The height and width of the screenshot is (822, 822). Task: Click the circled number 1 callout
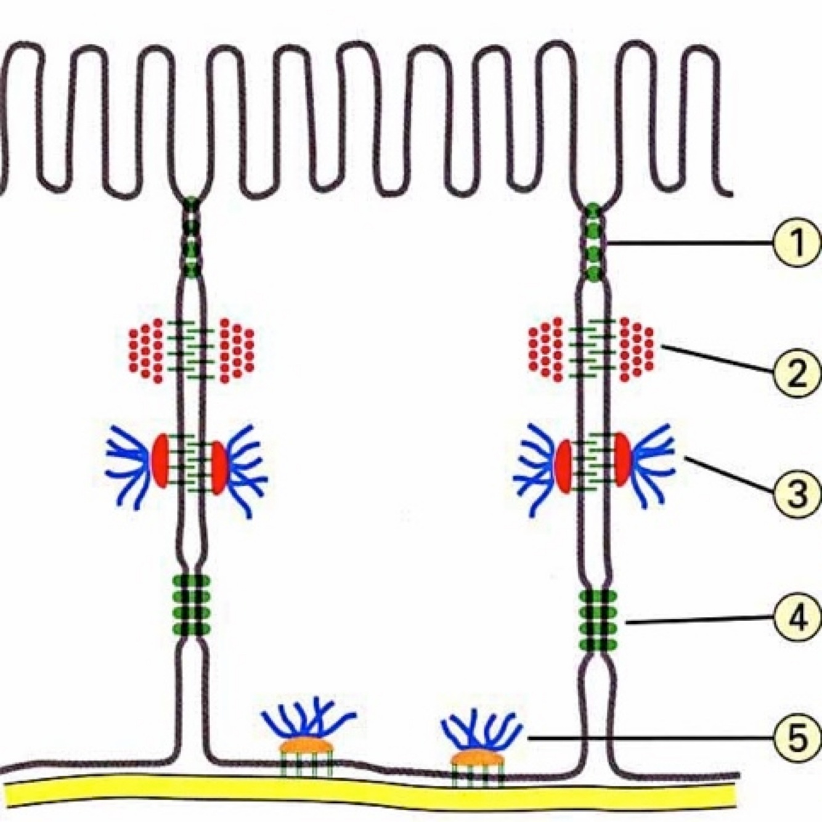(x=797, y=242)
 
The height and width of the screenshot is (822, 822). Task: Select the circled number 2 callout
(x=797, y=371)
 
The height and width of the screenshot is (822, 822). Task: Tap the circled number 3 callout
(x=797, y=493)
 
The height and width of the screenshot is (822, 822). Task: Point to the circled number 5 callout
(x=797, y=736)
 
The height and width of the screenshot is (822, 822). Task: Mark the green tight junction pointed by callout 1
(x=593, y=243)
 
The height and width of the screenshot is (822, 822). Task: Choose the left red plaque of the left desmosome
(x=160, y=461)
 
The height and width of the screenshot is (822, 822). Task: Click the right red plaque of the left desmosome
(x=219, y=467)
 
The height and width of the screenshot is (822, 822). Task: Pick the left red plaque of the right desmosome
(x=563, y=466)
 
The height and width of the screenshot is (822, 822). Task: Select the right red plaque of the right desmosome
(x=621, y=460)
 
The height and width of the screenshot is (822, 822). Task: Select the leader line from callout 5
(x=647, y=738)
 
